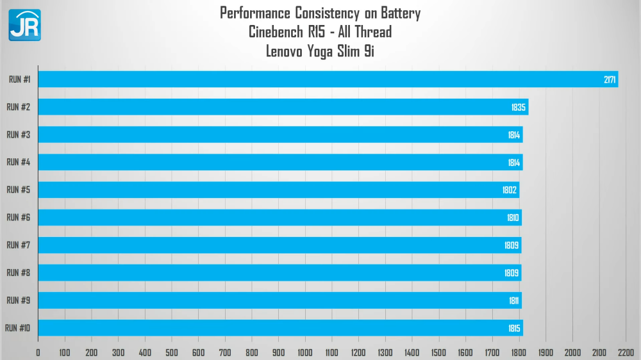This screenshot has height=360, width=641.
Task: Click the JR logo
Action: (24, 25)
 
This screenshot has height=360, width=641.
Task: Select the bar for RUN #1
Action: (327, 79)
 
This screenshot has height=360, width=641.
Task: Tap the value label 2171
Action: (610, 79)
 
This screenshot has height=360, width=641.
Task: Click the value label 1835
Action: (519, 107)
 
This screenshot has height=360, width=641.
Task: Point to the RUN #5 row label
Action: (18, 190)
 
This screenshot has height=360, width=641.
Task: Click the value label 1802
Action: (510, 190)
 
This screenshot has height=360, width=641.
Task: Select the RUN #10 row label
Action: (17, 328)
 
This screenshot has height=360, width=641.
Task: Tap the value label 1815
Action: (514, 328)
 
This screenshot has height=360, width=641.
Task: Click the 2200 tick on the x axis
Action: (626, 352)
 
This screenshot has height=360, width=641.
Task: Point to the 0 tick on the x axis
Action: (38, 352)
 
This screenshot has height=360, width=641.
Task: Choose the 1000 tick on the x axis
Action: (305, 352)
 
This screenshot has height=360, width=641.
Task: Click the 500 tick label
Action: (172, 352)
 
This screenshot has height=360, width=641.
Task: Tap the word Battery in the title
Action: (399, 13)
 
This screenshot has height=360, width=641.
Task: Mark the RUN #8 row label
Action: (18, 273)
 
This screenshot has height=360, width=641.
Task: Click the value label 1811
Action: (514, 300)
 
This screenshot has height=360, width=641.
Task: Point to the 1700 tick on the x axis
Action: (492, 352)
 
